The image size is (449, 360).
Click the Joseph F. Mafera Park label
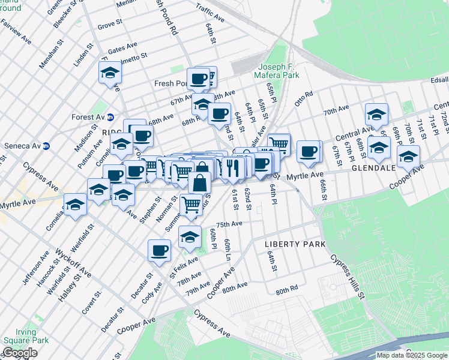279,71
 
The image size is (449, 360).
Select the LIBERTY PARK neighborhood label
295,244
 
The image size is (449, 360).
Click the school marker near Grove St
110,74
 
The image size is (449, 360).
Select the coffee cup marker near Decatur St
160,250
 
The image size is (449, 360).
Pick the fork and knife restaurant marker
234,167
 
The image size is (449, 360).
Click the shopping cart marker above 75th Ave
191,205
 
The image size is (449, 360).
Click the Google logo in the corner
20,353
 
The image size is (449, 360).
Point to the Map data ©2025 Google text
411,355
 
